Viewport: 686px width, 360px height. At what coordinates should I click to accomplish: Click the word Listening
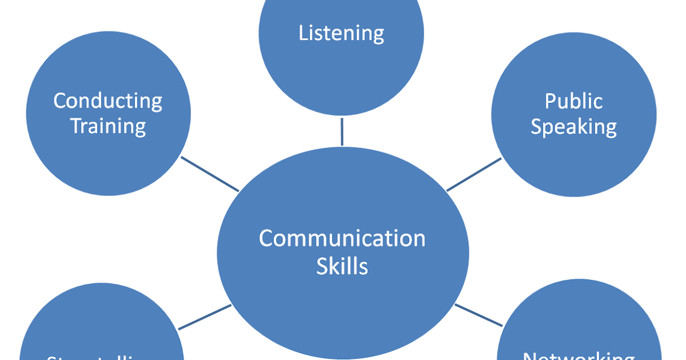pos(341,33)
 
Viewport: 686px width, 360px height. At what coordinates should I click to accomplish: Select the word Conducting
pos(108,101)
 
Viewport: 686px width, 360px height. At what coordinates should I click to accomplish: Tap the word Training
pos(108,126)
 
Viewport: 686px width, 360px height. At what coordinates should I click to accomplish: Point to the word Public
pos(573,101)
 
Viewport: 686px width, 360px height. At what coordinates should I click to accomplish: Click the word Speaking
pos(573,126)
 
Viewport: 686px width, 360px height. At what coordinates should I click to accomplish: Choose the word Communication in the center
pos(342,238)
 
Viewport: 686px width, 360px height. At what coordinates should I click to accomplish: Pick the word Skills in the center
pos(342,266)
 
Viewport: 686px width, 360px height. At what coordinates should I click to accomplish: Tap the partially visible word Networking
pos(579,356)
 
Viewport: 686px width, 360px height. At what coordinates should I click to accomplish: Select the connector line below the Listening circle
pos(342,131)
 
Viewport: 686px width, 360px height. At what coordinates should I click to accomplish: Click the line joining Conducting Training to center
pos(210,174)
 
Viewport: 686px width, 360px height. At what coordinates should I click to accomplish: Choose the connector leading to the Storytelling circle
pos(205,317)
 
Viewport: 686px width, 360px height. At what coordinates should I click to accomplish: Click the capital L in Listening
pos(304,33)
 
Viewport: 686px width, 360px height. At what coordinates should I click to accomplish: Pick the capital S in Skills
pos(322,266)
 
